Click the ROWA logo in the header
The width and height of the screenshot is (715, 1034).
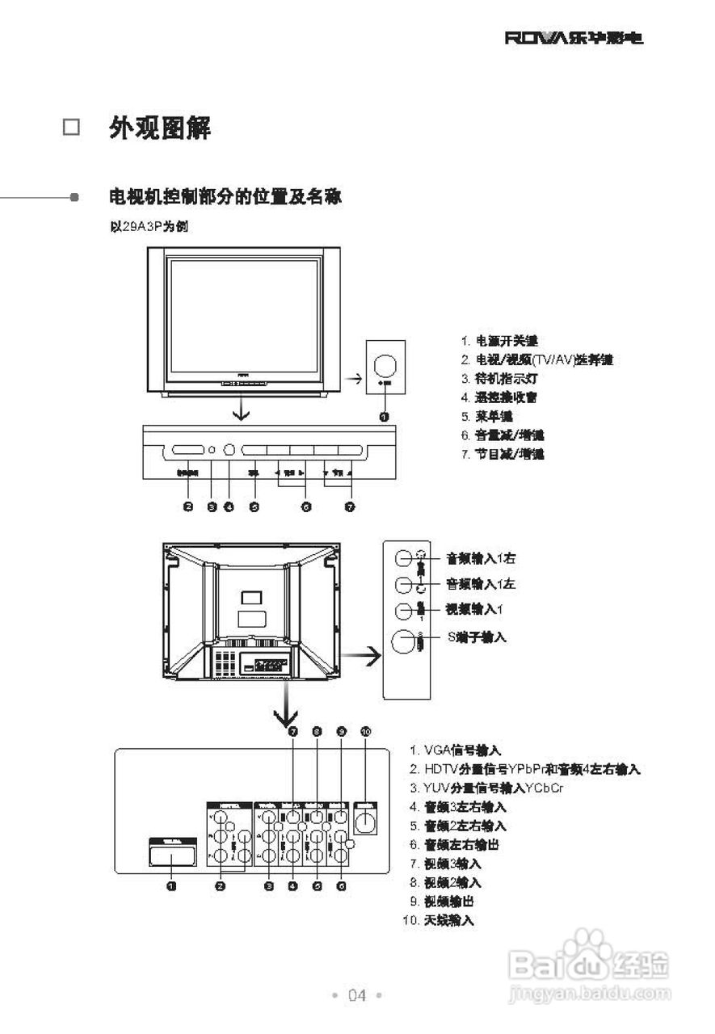pos(574,38)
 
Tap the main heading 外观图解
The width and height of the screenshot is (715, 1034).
pos(160,128)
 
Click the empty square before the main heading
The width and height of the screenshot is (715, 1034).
pos(72,128)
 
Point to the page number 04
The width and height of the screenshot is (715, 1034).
pos(357,995)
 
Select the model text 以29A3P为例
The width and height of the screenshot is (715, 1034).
pos(149,226)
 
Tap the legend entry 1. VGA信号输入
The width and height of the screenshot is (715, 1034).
pos(456,750)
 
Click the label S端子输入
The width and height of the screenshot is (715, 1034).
pos(477,637)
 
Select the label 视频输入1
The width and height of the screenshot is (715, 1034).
pos(475,608)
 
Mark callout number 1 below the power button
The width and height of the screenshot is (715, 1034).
pos(385,417)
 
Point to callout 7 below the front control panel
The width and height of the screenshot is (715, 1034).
pos(350,507)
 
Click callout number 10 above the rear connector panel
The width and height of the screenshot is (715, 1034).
pos(366,732)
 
